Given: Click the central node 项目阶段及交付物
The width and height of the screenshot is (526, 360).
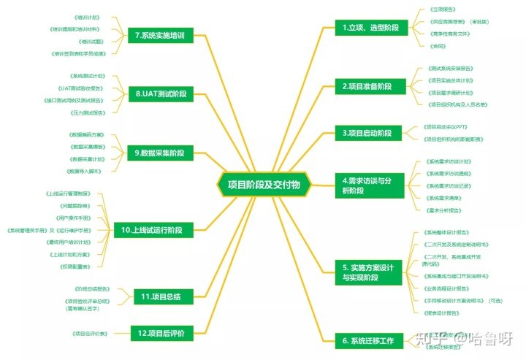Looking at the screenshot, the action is (264, 185).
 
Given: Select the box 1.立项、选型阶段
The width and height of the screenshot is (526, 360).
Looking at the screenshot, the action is (371, 28).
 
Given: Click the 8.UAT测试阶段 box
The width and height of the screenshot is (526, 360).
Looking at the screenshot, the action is (161, 93).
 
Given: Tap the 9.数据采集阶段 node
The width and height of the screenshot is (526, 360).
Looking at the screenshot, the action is (160, 153).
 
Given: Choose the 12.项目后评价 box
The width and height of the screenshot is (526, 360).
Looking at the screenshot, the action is (161, 333).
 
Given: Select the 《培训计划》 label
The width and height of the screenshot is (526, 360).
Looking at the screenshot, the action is (87, 16).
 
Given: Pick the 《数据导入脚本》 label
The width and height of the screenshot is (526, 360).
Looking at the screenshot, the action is (84, 171).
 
